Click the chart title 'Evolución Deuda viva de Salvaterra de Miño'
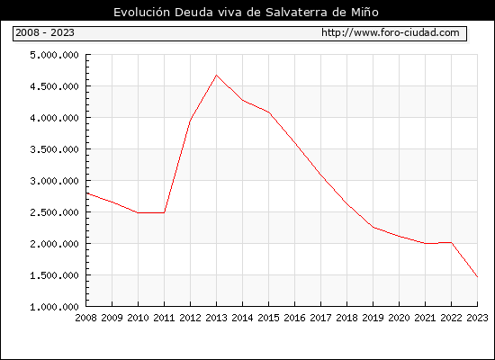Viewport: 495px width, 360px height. (x=246, y=12)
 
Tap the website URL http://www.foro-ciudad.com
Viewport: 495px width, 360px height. (x=391, y=32)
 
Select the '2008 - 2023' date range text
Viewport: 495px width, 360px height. (x=45, y=32)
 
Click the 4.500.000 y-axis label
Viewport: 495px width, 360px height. (x=54, y=86)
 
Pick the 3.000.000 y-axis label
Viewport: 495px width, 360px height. (x=54, y=181)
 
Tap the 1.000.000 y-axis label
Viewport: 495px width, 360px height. (x=54, y=307)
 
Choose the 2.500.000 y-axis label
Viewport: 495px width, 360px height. (x=54, y=212)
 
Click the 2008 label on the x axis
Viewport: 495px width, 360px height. (x=85, y=318)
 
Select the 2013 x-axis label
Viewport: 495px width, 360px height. (x=216, y=318)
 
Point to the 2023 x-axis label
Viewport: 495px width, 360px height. (x=477, y=318)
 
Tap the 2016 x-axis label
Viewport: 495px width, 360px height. (x=294, y=318)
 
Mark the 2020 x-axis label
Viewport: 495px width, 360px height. (x=399, y=318)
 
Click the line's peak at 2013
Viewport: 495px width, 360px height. (x=216, y=76)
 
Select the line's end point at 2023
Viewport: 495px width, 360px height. (x=477, y=276)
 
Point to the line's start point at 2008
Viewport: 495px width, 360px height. (x=86, y=193)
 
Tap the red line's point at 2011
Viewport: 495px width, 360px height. (x=164, y=212)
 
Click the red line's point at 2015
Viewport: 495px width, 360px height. (x=269, y=112)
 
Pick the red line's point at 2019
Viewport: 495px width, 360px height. (x=373, y=227)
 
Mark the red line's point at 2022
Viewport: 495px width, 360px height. (x=452, y=242)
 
